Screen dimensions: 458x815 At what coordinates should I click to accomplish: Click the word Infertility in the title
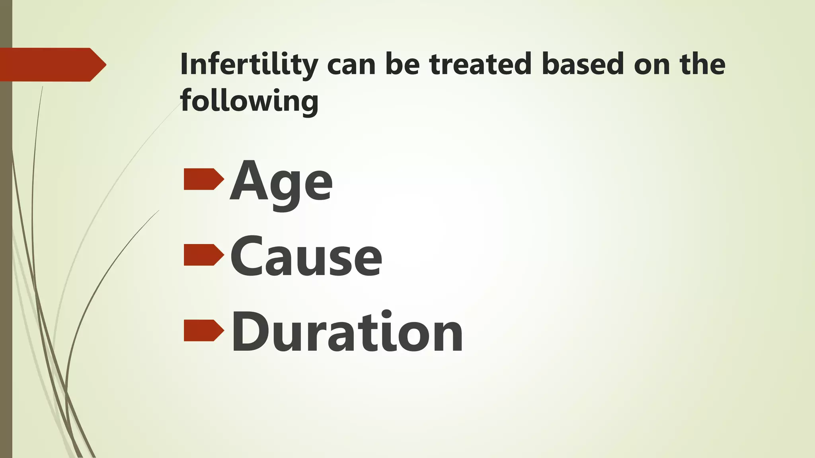(x=249, y=64)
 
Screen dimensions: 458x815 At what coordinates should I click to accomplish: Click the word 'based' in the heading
(x=583, y=64)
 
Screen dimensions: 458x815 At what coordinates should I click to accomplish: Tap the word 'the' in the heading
(x=703, y=64)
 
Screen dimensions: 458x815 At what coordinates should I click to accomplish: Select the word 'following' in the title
(x=249, y=101)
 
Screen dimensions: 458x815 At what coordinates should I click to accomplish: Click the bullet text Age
(x=281, y=183)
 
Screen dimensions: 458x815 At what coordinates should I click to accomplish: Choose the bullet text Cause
(x=306, y=257)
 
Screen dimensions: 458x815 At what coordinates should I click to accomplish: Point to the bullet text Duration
(x=347, y=332)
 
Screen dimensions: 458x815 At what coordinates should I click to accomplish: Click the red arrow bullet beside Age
(x=203, y=179)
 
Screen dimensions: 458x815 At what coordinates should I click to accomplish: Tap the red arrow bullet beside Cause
(x=203, y=255)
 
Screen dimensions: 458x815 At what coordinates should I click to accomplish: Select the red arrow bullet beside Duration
(x=203, y=330)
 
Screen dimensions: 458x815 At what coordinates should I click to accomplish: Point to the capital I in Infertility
(x=184, y=64)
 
